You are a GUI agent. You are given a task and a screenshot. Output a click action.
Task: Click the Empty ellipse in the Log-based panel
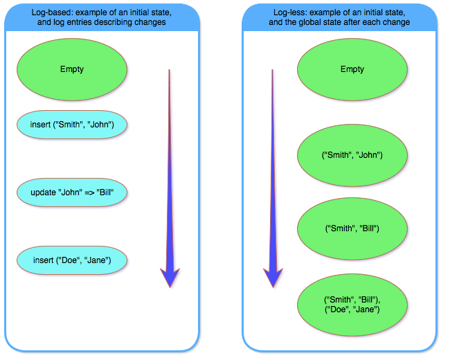72,69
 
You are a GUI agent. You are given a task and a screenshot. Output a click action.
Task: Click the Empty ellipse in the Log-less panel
352,69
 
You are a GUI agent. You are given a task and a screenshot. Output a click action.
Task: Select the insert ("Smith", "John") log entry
72,125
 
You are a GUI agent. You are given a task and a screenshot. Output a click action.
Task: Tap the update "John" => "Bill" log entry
72,192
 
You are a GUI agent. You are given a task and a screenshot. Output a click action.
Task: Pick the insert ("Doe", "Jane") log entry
72,260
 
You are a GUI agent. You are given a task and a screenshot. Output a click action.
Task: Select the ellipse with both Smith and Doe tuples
352,304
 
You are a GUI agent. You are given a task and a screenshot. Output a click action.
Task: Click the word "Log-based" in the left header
51,13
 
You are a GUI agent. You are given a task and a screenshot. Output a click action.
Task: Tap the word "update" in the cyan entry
46,192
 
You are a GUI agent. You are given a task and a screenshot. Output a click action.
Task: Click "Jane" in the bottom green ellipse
368,309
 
